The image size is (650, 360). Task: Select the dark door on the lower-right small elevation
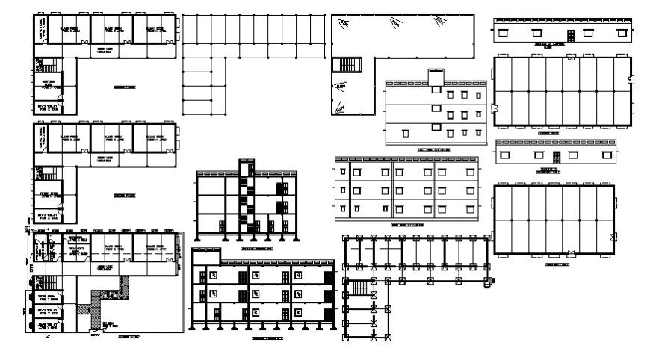click(556, 156)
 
